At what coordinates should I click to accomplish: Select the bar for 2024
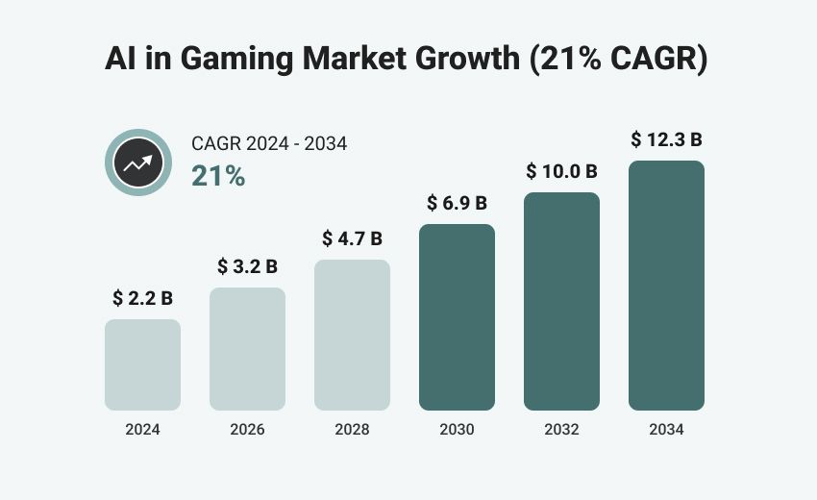[142, 364]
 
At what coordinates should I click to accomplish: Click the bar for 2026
[247, 349]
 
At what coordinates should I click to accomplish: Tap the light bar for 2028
[352, 335]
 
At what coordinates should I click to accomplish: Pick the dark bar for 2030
[457, 317]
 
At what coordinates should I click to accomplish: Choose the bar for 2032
[561, 301]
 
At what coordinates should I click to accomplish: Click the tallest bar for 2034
[666, 286]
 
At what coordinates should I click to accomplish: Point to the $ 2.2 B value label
[142, 298]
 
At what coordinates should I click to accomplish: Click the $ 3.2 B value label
[247, 266]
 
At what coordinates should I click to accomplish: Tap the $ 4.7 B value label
[352, 238]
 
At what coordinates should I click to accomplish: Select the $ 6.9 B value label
[457, 203]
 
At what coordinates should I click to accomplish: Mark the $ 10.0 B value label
[561, 172]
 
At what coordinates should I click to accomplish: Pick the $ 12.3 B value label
[666, 139]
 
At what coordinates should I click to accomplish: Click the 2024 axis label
[142, 430]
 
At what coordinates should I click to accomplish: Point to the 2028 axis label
[352, 430]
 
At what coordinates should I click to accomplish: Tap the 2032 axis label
[561, 430]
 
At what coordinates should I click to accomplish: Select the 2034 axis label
[666, 430]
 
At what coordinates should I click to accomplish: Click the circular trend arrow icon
[137, 162]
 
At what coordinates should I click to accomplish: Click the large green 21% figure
[218, 176]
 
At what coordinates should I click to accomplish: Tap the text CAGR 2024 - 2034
[269, 144]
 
